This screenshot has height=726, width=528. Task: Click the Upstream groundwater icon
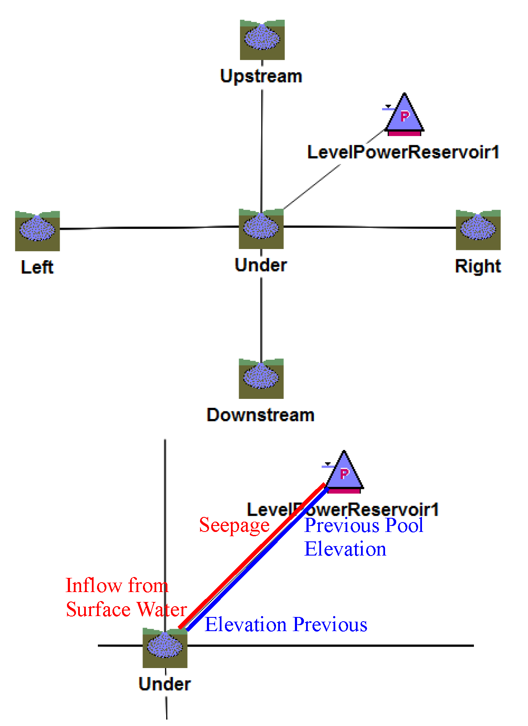coord(262,39)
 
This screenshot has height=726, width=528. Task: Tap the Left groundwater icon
coord(37,231)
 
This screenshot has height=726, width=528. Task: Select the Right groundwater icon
coord(478,230)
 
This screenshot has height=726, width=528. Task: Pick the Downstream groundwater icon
coord(261,378)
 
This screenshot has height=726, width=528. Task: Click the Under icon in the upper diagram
coord(261,228)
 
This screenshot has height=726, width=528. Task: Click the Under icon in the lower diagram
coord(165,647)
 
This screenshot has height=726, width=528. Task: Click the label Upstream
coord(261,76)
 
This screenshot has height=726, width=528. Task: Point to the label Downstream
coord(261,415)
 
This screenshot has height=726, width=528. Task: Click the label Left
coord(37,267)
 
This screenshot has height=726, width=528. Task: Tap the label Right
coord(478,266)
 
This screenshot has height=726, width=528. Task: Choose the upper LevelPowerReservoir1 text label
coord(404,152)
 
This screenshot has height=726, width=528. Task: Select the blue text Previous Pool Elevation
coord(363,537)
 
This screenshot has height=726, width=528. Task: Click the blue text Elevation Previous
coord(286,625)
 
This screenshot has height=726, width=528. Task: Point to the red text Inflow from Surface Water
coord(126,598)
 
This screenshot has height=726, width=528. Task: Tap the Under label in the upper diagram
coord(261,265)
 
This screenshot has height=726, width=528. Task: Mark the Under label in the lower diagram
coord(165,684)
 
